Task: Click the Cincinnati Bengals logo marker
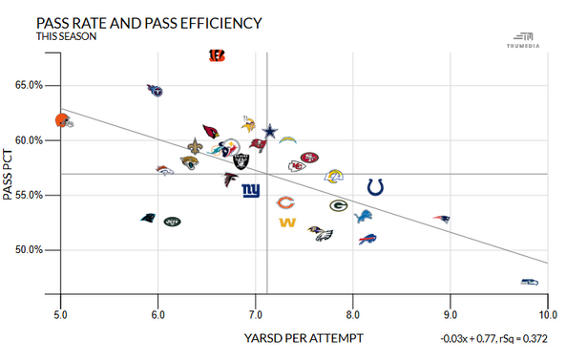tap(217, 56)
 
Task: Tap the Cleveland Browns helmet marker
tap(62, 120)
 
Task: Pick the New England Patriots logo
tap(441, 220)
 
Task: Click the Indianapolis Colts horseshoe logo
tap(376, 187)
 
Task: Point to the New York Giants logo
tap(250, 190)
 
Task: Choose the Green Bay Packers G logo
tap(338, 205)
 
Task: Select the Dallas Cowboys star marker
tap(270, 131)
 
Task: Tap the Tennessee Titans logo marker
tap(156, 91)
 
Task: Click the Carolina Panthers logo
tap(148, 219)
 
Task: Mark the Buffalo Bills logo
tap(368, 239)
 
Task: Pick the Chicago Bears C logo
tap(284, 202)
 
